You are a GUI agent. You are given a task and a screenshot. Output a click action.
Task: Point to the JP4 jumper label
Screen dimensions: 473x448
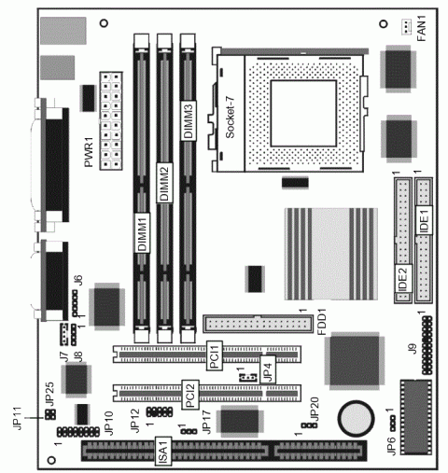pos(268,370)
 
